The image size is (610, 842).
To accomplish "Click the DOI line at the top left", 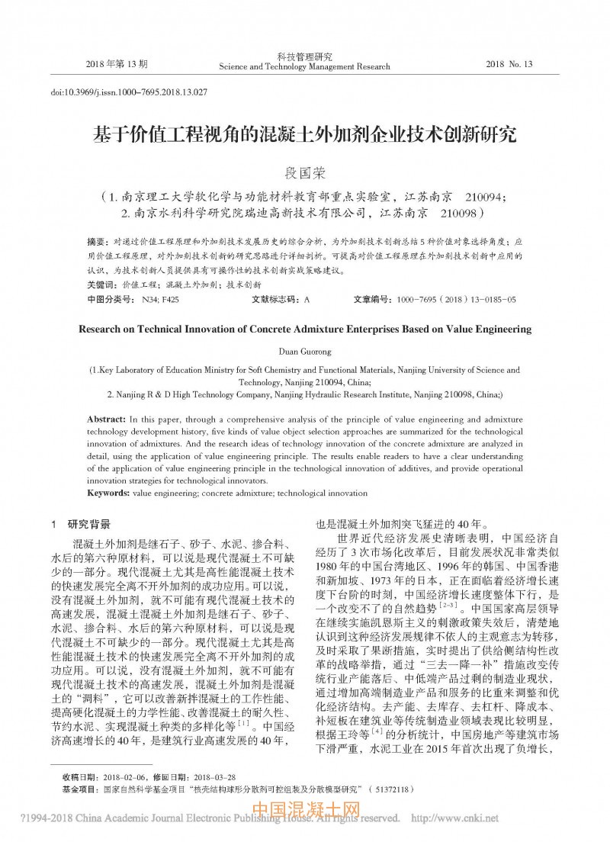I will (129, 92).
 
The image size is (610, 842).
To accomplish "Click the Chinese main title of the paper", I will (304, 136).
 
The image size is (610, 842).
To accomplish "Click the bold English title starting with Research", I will (304, 329).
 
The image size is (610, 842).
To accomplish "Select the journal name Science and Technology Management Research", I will (304, 67).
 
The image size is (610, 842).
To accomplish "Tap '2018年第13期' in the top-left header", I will (117, 63).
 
